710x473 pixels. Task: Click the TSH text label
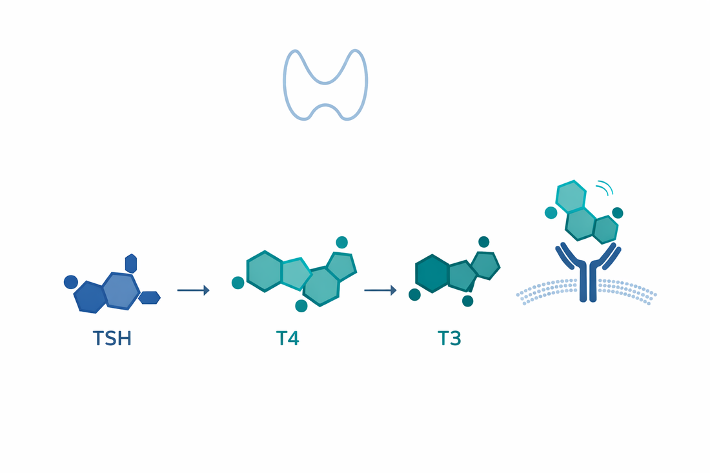112,339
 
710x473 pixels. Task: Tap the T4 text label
287,339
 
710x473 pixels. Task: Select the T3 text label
449,339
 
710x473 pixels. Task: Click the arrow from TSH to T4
194,290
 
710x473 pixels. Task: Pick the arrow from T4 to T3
380,290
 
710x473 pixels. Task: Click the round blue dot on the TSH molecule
70,282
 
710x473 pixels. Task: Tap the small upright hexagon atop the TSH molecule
131,263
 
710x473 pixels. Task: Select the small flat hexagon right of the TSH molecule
150,297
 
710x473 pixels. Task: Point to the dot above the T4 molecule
342,242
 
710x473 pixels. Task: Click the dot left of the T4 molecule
238,283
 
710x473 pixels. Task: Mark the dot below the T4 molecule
301,306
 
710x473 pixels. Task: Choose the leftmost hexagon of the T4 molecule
265,271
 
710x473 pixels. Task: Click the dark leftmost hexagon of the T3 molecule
432,274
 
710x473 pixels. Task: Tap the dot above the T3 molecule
483,242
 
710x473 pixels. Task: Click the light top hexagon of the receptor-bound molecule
571,196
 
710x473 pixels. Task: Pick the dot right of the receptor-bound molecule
618,213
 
